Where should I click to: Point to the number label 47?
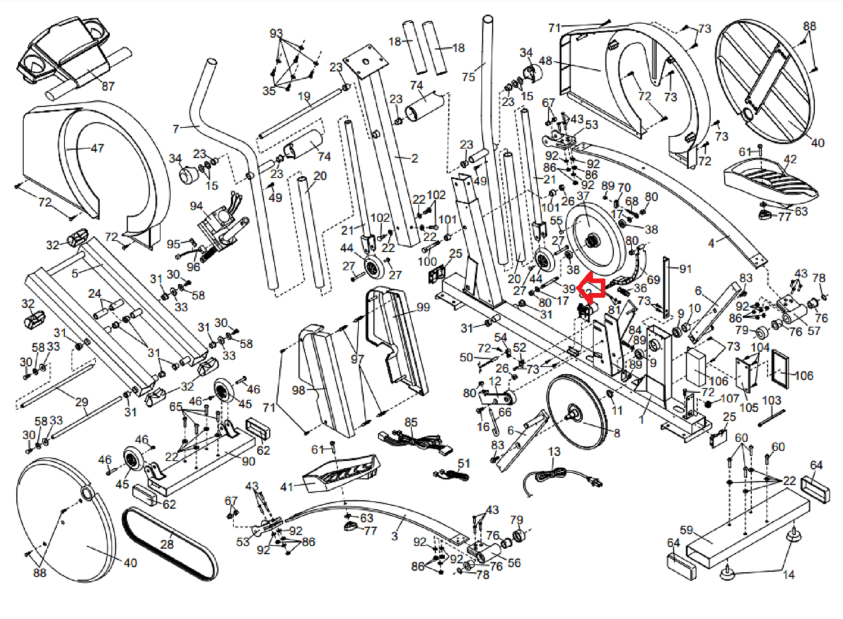(97, 149)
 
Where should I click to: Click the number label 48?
(545, 61)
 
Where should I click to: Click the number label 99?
(423, 307)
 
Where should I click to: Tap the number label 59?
(686, 530)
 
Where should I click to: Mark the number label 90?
(248, 461)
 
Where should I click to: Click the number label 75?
(468, 77)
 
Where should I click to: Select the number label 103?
(771, 401)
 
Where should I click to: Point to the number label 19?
(304, 96)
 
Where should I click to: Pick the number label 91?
(685, 269)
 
